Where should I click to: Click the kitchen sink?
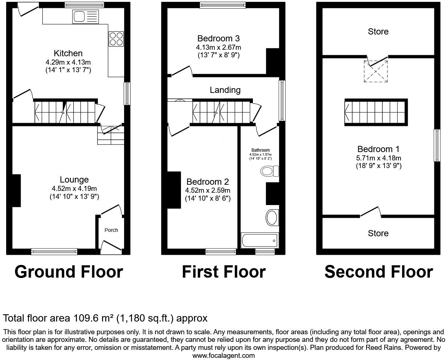click(x=85, y=17)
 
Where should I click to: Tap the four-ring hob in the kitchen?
click(x=116, y=39)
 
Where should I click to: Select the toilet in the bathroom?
click(x=270, y=171)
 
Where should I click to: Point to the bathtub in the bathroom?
click(x=260, y=240)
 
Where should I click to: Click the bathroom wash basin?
click(x=272, y=217)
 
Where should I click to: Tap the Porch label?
click(x=111, y=230)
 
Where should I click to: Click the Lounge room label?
click(x=74, y=180)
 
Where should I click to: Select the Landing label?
click(x=225, y=90)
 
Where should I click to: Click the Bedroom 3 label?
click(x=218, y=38)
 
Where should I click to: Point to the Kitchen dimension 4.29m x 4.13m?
click(x=68, y=62)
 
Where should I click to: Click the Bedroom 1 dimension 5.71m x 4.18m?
click(x=378, y=158)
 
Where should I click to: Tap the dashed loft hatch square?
click(x=376, y=71)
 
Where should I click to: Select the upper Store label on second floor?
click(x=378, y=32)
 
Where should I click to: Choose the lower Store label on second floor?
click(x=378, y=233)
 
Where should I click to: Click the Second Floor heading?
click(x=379, y=272)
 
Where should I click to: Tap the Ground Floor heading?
click(x=69, y=272)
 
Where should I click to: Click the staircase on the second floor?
click(x=376, y=112)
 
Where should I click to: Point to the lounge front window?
click(x=54, y=251)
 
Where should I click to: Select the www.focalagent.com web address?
click(x=223, y=356)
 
